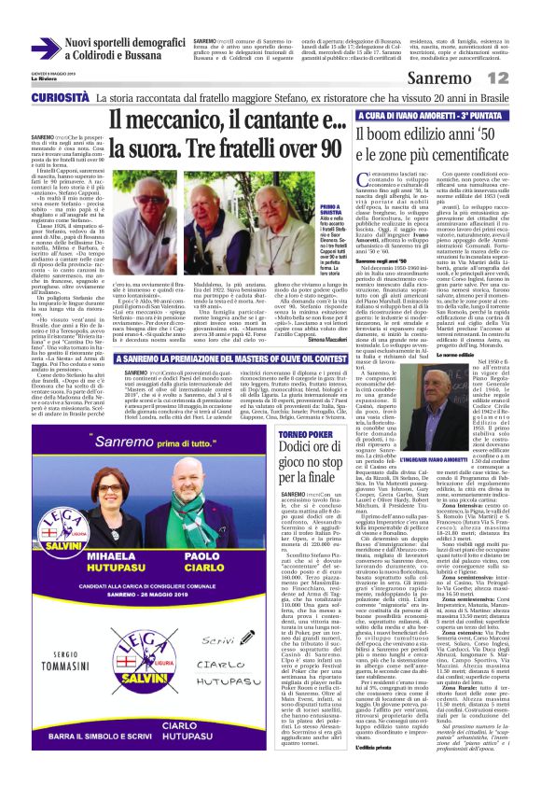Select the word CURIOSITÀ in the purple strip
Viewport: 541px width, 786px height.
[38, 97]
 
